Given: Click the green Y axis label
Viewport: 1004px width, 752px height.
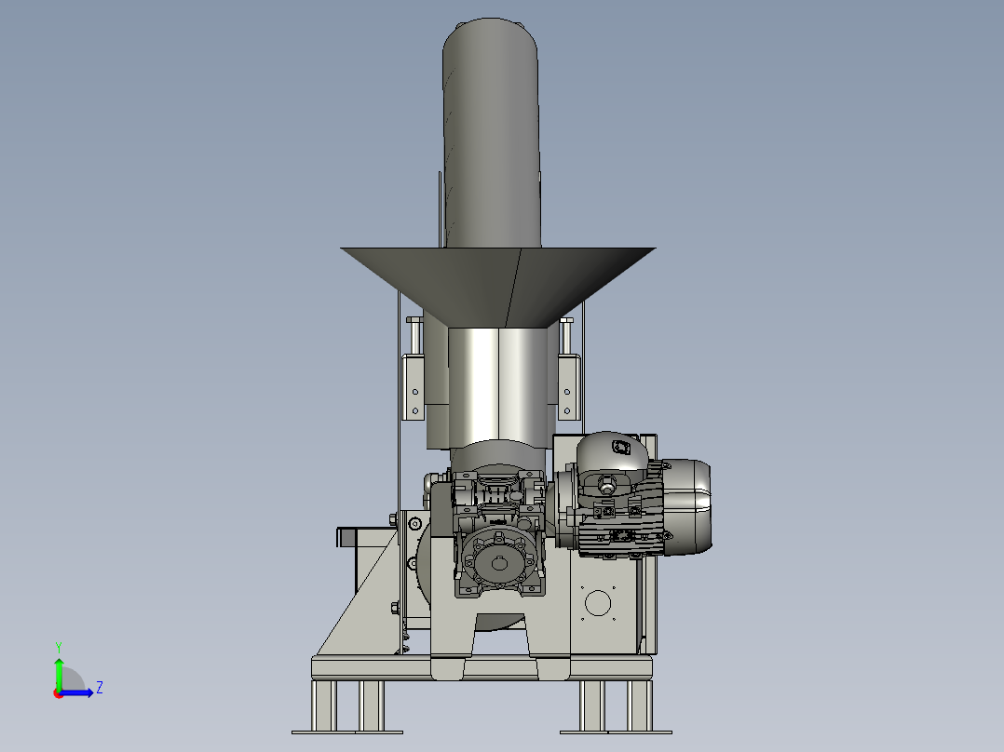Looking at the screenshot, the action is pos(59,647).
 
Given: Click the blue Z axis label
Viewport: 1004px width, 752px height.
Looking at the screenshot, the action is pos(100,688).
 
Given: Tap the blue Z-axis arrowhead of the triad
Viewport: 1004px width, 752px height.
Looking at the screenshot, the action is pos(89,692).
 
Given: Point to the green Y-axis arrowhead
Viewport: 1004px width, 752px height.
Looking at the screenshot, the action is pos(59,663).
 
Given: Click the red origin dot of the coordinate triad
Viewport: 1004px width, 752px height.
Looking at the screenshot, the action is pos(59,693).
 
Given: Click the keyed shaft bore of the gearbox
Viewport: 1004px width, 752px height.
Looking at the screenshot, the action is pos(499,564).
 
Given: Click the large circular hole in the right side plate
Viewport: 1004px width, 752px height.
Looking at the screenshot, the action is pos(598,603).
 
